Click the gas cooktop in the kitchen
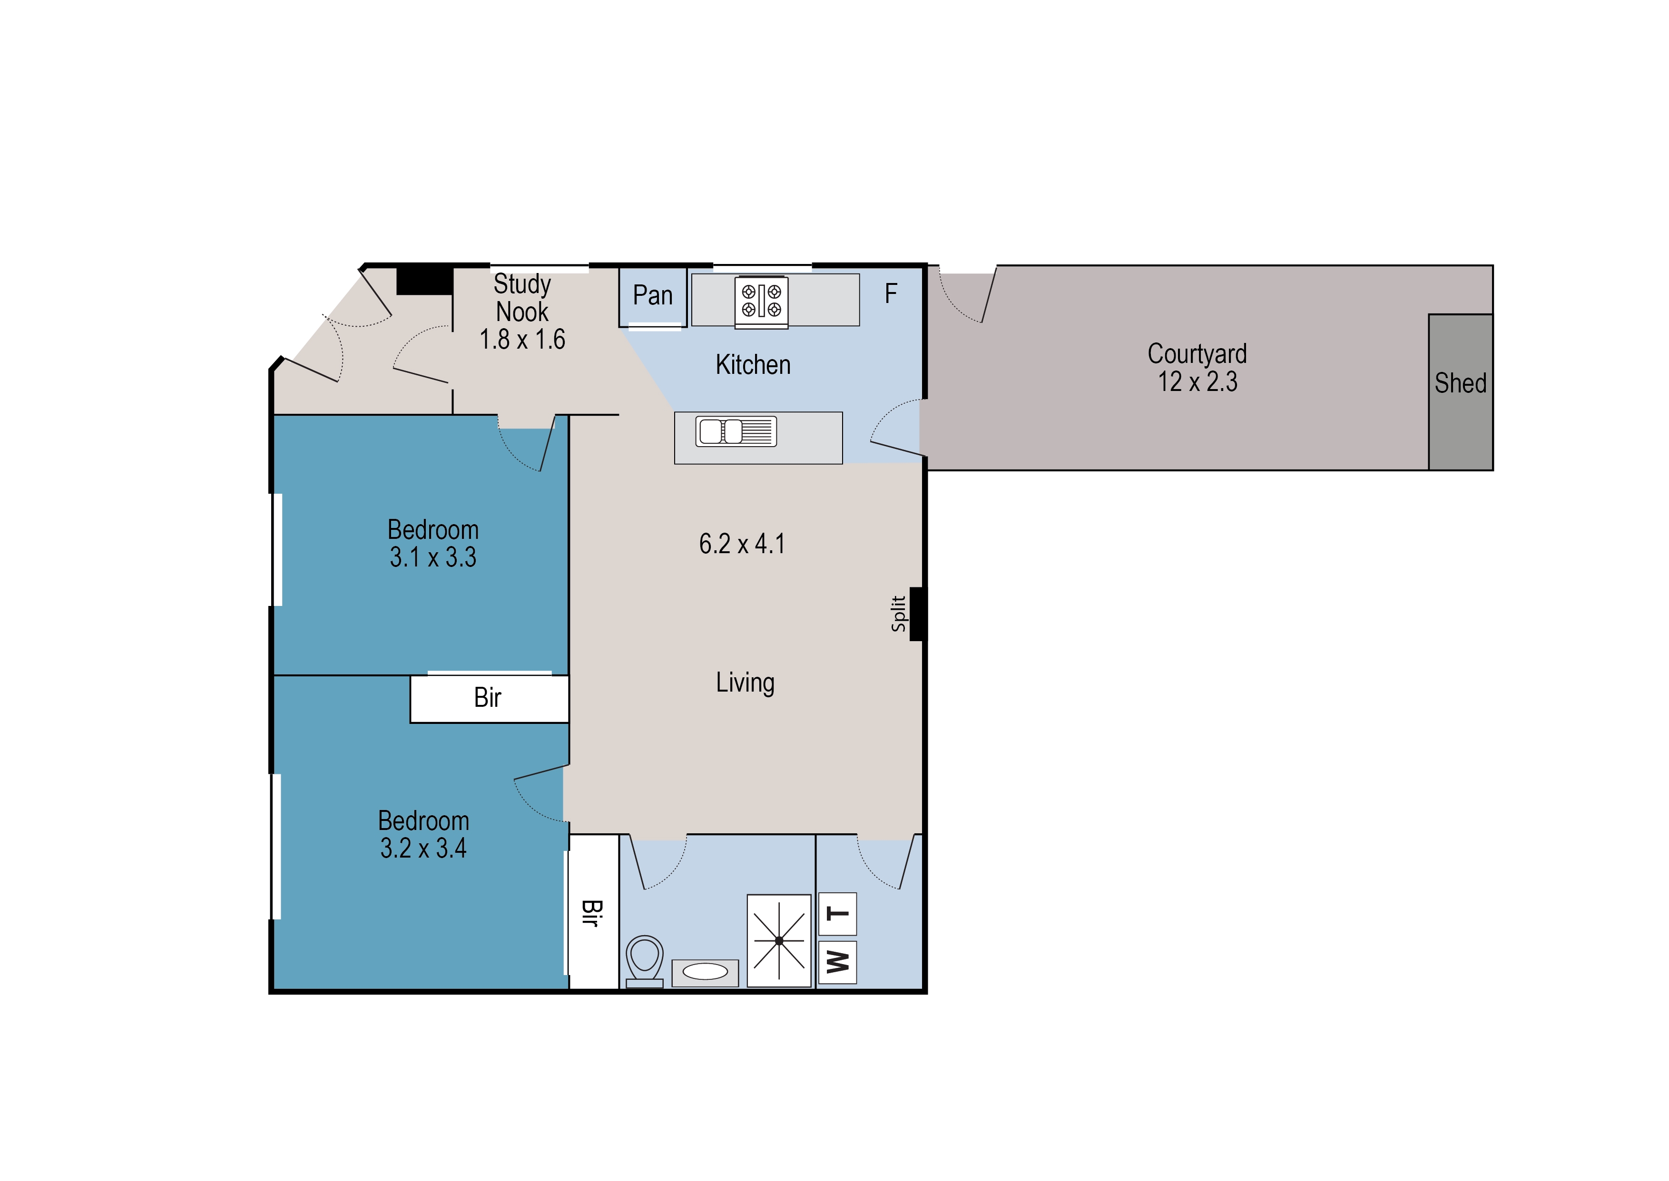point(761,302)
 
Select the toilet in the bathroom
point(644,961)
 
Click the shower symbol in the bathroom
point(779,940)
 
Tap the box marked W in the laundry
point(838,962)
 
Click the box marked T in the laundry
point(838,914)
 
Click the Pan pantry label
point(652,295)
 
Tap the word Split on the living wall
point(899,614)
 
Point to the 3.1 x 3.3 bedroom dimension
point(432,557)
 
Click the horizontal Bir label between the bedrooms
point(487,697)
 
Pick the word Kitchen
point(753,364)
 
